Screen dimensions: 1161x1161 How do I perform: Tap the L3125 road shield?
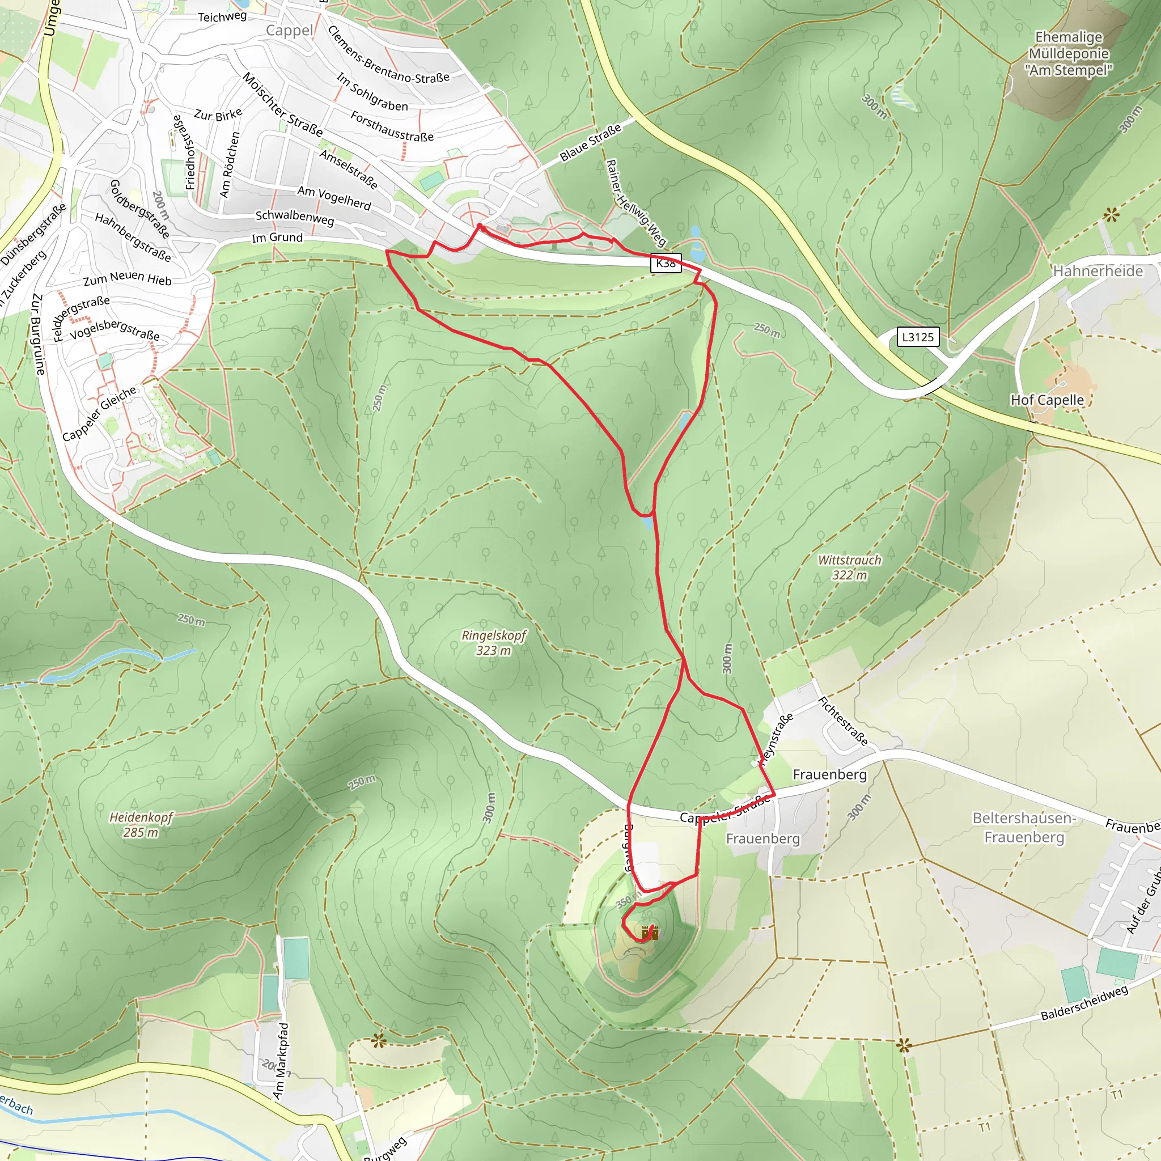click(918, 337)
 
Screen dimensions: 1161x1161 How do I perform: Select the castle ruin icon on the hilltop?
click(650, 933)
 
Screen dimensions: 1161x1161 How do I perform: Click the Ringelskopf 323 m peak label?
click(493, 642)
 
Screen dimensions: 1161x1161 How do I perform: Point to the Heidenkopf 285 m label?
click(141, 824)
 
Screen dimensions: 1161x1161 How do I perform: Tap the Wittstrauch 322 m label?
click(849, 567)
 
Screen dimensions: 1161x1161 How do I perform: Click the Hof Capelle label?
click(1047, 400)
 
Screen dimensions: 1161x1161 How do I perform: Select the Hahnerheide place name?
click(1098, 271)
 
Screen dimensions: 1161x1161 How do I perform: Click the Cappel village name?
click(290, 31)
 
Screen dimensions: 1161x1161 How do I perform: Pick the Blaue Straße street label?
click(590, 143)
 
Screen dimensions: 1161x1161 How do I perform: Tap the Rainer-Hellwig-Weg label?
click(636, 202)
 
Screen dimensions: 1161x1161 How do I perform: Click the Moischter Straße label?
click(282, 104)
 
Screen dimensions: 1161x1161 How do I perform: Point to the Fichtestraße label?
click(843, 721)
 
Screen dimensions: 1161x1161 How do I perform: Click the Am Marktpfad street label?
click(281, 1061)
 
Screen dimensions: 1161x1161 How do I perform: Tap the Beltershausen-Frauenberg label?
click(1024, 827)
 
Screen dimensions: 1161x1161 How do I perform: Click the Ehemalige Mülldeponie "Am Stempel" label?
click(1069, 53)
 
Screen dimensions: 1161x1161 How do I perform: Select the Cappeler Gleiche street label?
click(100, 413)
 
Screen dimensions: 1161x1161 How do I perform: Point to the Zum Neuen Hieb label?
click(128, 279)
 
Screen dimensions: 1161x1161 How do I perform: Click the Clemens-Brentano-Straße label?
click(388, 56)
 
